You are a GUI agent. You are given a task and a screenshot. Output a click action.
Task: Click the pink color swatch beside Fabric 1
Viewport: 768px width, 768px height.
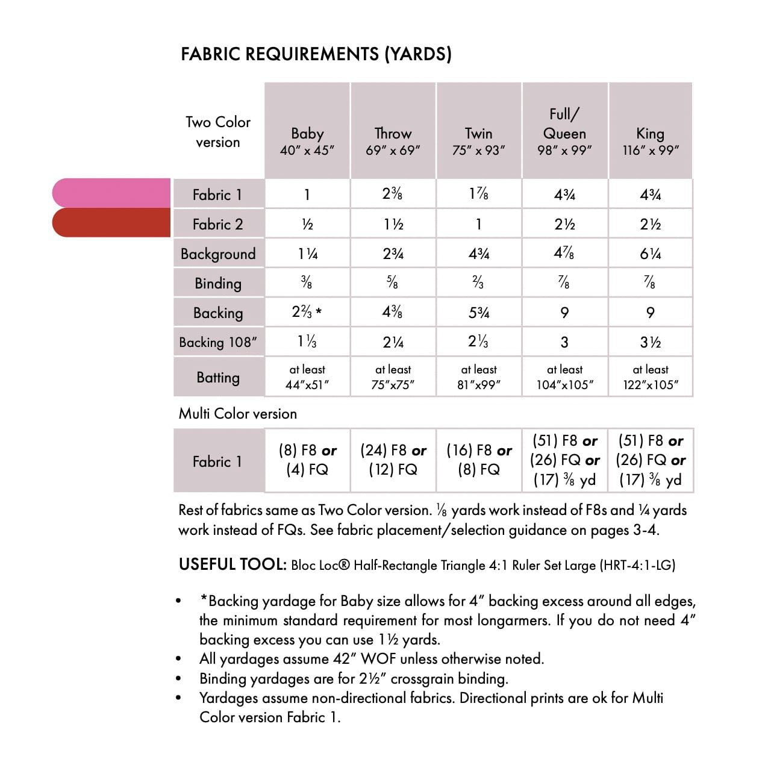[x=111, y=193]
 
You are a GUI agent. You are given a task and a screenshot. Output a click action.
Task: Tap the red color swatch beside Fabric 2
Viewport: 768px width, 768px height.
[x=111, y=223]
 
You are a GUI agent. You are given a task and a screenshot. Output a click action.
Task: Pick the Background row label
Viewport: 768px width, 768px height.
[x=218, y=254]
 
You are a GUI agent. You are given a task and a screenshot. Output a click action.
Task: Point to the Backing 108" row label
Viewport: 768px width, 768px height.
[x=218, y=342]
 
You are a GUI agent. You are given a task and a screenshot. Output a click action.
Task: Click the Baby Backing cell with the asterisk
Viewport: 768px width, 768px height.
[x=307, y=312]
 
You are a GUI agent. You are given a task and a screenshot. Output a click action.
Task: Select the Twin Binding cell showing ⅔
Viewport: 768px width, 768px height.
[x=479, y=283]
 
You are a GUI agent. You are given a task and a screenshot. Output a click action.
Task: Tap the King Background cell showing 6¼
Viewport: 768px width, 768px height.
[x=651, y=254]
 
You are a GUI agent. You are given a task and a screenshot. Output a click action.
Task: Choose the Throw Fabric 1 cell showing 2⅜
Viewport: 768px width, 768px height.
[x=393, y=194]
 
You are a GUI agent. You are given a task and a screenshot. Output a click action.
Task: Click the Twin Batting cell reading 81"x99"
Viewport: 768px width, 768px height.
[x=479, y=377]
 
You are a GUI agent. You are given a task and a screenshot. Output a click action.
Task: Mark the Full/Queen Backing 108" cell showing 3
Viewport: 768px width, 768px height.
[x=564, y=342]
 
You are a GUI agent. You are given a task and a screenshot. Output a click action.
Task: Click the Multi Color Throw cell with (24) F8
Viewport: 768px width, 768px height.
[x=393, y=460]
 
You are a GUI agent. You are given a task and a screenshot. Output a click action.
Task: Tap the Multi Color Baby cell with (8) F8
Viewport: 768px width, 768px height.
[x=307, y=460]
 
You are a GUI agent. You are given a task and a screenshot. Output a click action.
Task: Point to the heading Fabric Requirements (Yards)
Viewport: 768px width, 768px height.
[x=316, y=54]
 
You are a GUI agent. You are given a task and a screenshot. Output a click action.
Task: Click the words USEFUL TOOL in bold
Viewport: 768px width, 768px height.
[x=233, y=564]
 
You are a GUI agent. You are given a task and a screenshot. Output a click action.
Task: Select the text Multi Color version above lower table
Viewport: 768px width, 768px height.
[x=238, y=414]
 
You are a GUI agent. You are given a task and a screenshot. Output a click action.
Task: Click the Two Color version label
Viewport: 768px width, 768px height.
[x=218, y=132]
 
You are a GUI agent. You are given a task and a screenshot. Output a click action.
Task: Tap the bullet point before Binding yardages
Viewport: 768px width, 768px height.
[x=178, y=679]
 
